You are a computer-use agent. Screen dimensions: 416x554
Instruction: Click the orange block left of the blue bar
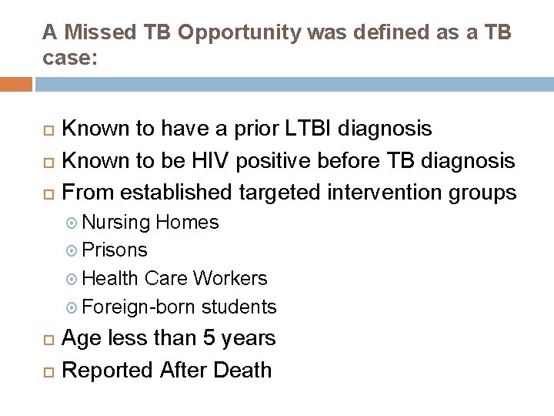click(16, 84)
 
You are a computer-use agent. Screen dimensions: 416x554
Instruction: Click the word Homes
click(187, 223)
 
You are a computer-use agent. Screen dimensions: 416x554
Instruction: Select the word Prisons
click(115, 250)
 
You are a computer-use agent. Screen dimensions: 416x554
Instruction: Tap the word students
click(239, 307)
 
